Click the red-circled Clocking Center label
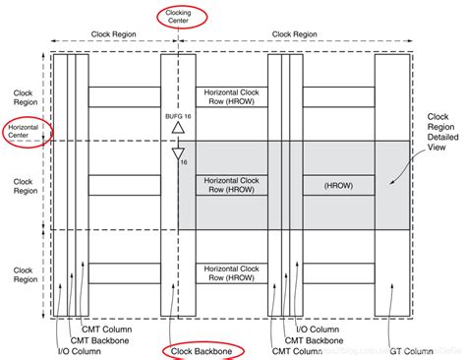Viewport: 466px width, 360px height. [x=178, y=17]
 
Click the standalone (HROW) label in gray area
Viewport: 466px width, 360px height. [x=338, y=184]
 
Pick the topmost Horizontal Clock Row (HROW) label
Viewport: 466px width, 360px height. [x=231, y=96]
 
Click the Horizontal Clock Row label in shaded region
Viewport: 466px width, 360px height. [x=231, y=184]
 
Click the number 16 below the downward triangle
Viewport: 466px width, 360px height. [x=184, y=162]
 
